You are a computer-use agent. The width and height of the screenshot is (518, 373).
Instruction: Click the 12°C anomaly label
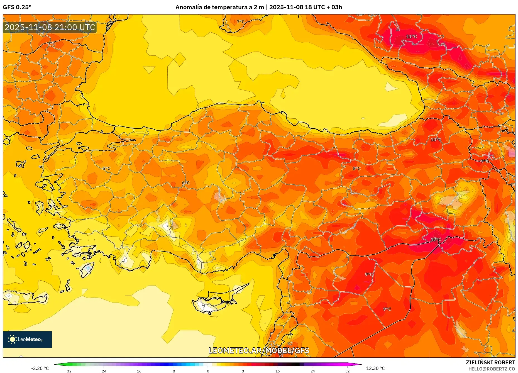pyautogui.click(x=436, y=240)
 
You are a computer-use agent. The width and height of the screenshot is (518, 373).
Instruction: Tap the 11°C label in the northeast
pyautogui.click(x=411, y=36)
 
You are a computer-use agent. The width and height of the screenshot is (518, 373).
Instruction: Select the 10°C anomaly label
pyautogui.click(x=436, y=140)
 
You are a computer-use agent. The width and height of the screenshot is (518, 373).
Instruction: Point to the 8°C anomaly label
pyautogui.click(x=356, y=169)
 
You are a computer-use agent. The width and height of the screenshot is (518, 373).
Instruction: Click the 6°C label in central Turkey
pyautogui.click(x=186, y=183)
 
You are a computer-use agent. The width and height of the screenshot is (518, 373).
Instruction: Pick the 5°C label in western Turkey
pyautogui.click(x=106, y=169)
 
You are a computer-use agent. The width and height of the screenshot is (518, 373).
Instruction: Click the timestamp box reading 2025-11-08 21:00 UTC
pyautogui.click(x=50, y=27)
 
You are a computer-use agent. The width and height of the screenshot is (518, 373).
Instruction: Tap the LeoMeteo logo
pyautogui.click(x=27, y=339)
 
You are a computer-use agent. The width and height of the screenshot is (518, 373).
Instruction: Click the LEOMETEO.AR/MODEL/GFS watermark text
pyautogui.click(x=259, y=350)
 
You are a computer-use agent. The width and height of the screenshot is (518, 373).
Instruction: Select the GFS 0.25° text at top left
pyautogui.click(x=17, y=7)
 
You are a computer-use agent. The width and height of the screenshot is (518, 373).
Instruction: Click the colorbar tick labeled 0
pyautogui.click(x=208, y=371)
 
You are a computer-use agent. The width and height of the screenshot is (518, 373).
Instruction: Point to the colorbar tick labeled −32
pyautogui.click(x=68, y=371)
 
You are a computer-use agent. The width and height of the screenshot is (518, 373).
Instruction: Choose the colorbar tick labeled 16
pyautogui.click(x=277, y=371)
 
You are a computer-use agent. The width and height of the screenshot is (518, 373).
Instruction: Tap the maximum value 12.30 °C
pyautogui.click(x=375, y=368)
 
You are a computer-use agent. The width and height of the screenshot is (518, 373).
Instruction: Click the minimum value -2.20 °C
pyautogui.click(x=40, y=368)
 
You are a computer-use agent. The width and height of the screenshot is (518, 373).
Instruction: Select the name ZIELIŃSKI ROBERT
pyautogui.click(x=490, y=362)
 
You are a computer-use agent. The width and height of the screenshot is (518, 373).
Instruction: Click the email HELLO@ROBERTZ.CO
pyautogui.click(x=491, y=369)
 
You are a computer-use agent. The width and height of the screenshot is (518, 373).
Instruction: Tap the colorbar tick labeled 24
pyautogui.click(x=312, y=371)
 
